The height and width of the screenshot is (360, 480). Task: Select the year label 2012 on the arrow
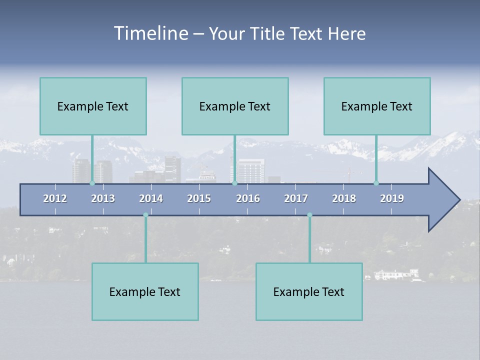pyautogui.click(x=55, y=198)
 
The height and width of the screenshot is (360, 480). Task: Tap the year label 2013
pyautogui.click(x=103, y=198)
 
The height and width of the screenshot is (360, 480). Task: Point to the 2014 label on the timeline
pyautogui.click(x=151, y=198)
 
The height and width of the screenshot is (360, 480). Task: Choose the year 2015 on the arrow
pyautogui.click(x=199, y=198)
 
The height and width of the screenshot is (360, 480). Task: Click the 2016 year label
pyautogui.click(x=248, y=198)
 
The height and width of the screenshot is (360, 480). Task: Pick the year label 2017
pyautogui.click(x=296, y=198)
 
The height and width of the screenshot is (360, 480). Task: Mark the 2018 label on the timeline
pyautogui.click(x=344, y=198)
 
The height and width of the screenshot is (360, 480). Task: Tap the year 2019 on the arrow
pyautogui.click(x=392, y=198)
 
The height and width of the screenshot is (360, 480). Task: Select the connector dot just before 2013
pyautogui.click(x=92, y=183)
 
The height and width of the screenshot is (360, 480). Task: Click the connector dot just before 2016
pyautogui.click(x=234, y=183)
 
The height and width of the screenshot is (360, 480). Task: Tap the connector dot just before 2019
pyautogui.click(x=376, y=183)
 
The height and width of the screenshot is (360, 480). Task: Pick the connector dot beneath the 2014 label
pyautogui.click(x=145, y=215)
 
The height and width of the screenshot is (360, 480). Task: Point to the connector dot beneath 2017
pyautogui.click(x=309, y=215)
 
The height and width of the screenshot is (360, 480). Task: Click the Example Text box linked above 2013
pyautogui.click(x=93, y=106)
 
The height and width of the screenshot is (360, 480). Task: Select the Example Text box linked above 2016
pyautogui.click(x=235, y=106)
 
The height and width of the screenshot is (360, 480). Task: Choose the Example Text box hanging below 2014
pyautogui.click(x=145, y=291)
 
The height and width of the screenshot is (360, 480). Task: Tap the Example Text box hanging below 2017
pyautogui.click(x=309, y=291)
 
